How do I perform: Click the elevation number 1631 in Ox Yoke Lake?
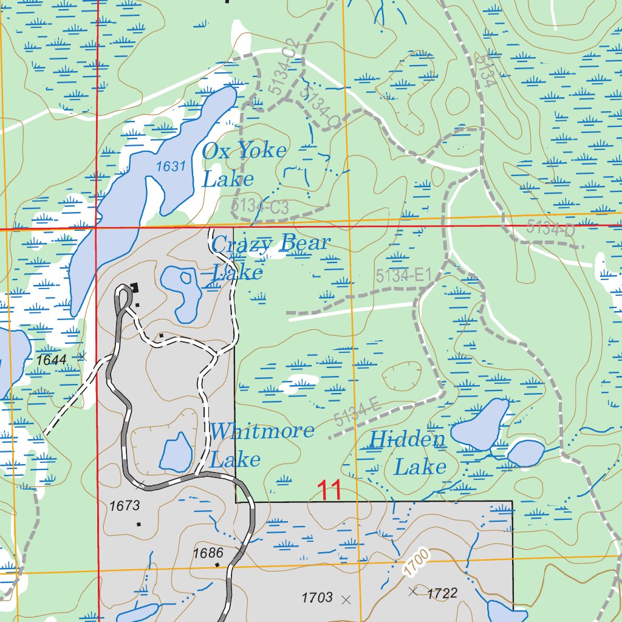tap(170, 166)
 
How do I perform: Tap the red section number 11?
tap(329, 490)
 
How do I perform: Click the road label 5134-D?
tap(550, 229)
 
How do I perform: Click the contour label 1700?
tap(415, 562)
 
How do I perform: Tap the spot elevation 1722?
tap(442, 593)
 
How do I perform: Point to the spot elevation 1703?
tap(317, 598)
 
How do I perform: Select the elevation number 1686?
tap(208, 553)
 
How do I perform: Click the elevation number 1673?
tap(125, 505)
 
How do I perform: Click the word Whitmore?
tap(262, 431)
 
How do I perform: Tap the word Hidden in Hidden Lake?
tap(407, 439)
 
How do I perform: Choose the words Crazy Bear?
tap(270, 244)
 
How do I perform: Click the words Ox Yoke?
tap(244, 151)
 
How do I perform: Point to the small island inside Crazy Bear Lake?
tap(185, 279)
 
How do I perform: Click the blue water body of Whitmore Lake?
tap(176, 453)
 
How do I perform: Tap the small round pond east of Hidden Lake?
tap(525, 453)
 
